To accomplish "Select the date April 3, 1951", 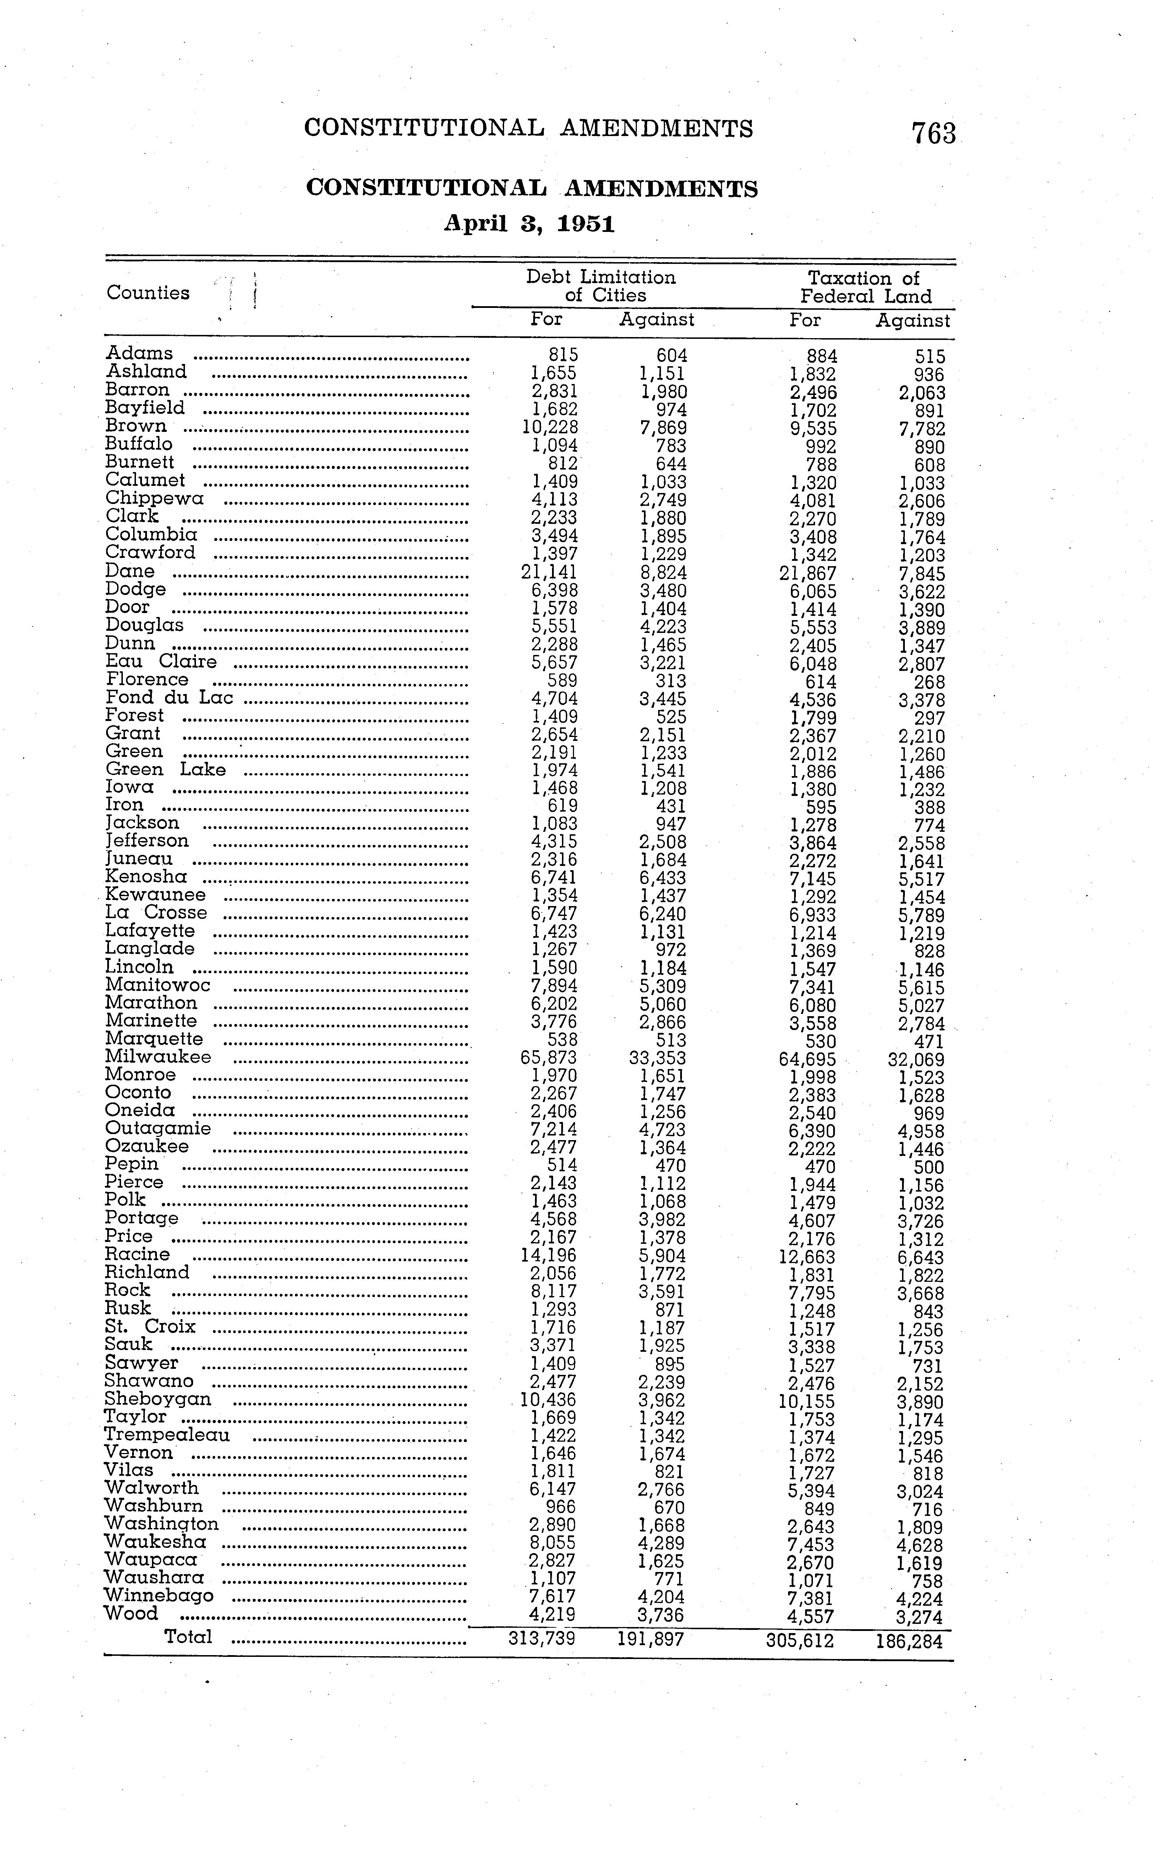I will tap(529, 224).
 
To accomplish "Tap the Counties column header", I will tap(148, 293).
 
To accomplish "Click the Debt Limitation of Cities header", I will tap(601, 286).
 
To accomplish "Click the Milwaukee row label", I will tap(158, 1057).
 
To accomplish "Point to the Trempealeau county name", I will tap(167, 1435).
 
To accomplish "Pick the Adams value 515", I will tap(930, 356).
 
